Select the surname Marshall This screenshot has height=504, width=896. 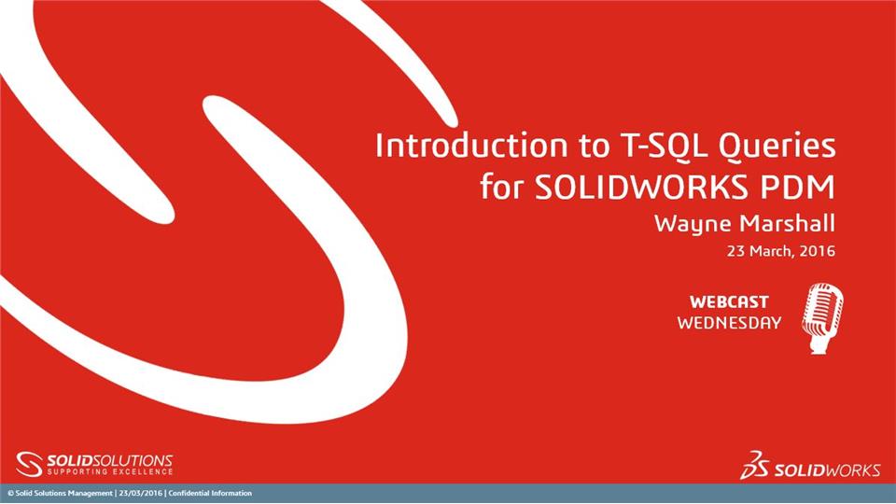point(786,224)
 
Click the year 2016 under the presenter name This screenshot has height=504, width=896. point(818,251)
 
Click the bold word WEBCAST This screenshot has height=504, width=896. point(729,302)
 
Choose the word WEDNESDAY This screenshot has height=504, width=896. point(729,323)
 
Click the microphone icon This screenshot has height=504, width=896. point(822,318)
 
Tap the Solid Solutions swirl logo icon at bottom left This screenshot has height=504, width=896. point(30,464)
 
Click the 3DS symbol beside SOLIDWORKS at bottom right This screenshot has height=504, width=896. point(754,466)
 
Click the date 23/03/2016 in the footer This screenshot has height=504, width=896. point(139,493)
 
